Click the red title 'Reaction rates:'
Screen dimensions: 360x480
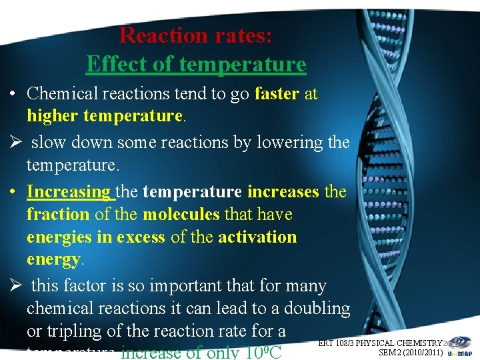tap(195, 35)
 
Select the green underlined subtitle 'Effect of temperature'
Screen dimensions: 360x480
tap(196, 64)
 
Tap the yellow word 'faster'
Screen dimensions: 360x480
tap(276, 94)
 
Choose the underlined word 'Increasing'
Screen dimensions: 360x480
tap(69, 192)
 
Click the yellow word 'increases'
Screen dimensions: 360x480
tap(283, 192)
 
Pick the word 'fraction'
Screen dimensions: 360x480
tap(58, 215)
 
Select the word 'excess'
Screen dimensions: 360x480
tap(141, 237)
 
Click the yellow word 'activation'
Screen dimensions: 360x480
tap(257, 237)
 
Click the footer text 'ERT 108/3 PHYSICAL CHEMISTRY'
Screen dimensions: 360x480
tap(380, 343)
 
